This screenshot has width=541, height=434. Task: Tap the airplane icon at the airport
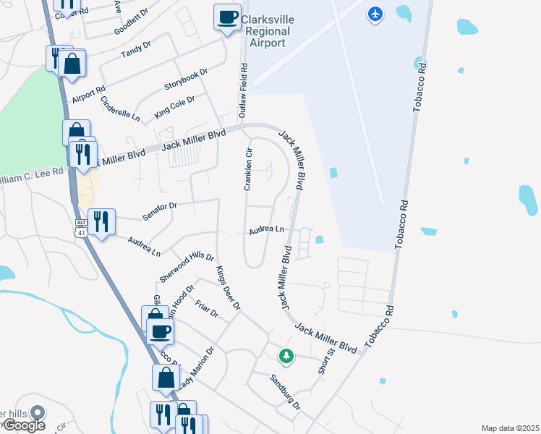[375, 13]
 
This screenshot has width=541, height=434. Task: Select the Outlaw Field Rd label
[244, 91]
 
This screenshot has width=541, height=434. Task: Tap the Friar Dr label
[206, 309]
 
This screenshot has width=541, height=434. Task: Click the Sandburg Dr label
[285, 391]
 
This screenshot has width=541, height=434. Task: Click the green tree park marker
[287, 355]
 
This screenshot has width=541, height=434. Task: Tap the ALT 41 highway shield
[80, 226]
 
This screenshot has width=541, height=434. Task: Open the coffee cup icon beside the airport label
[228, 16]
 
